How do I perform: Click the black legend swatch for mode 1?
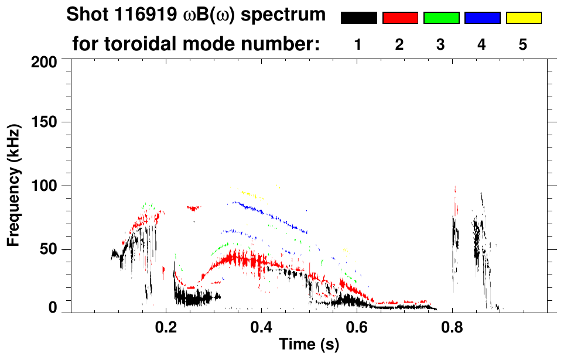(x=358, y=18)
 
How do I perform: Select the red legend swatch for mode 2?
(x=400, y=18)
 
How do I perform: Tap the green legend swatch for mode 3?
(x=441, y=18)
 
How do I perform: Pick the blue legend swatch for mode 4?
(x=482, y=18)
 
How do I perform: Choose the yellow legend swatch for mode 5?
(x=524, y=18)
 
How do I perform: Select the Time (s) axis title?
(x=308, y=345)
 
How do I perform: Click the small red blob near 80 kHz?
(x=193, y=208)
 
